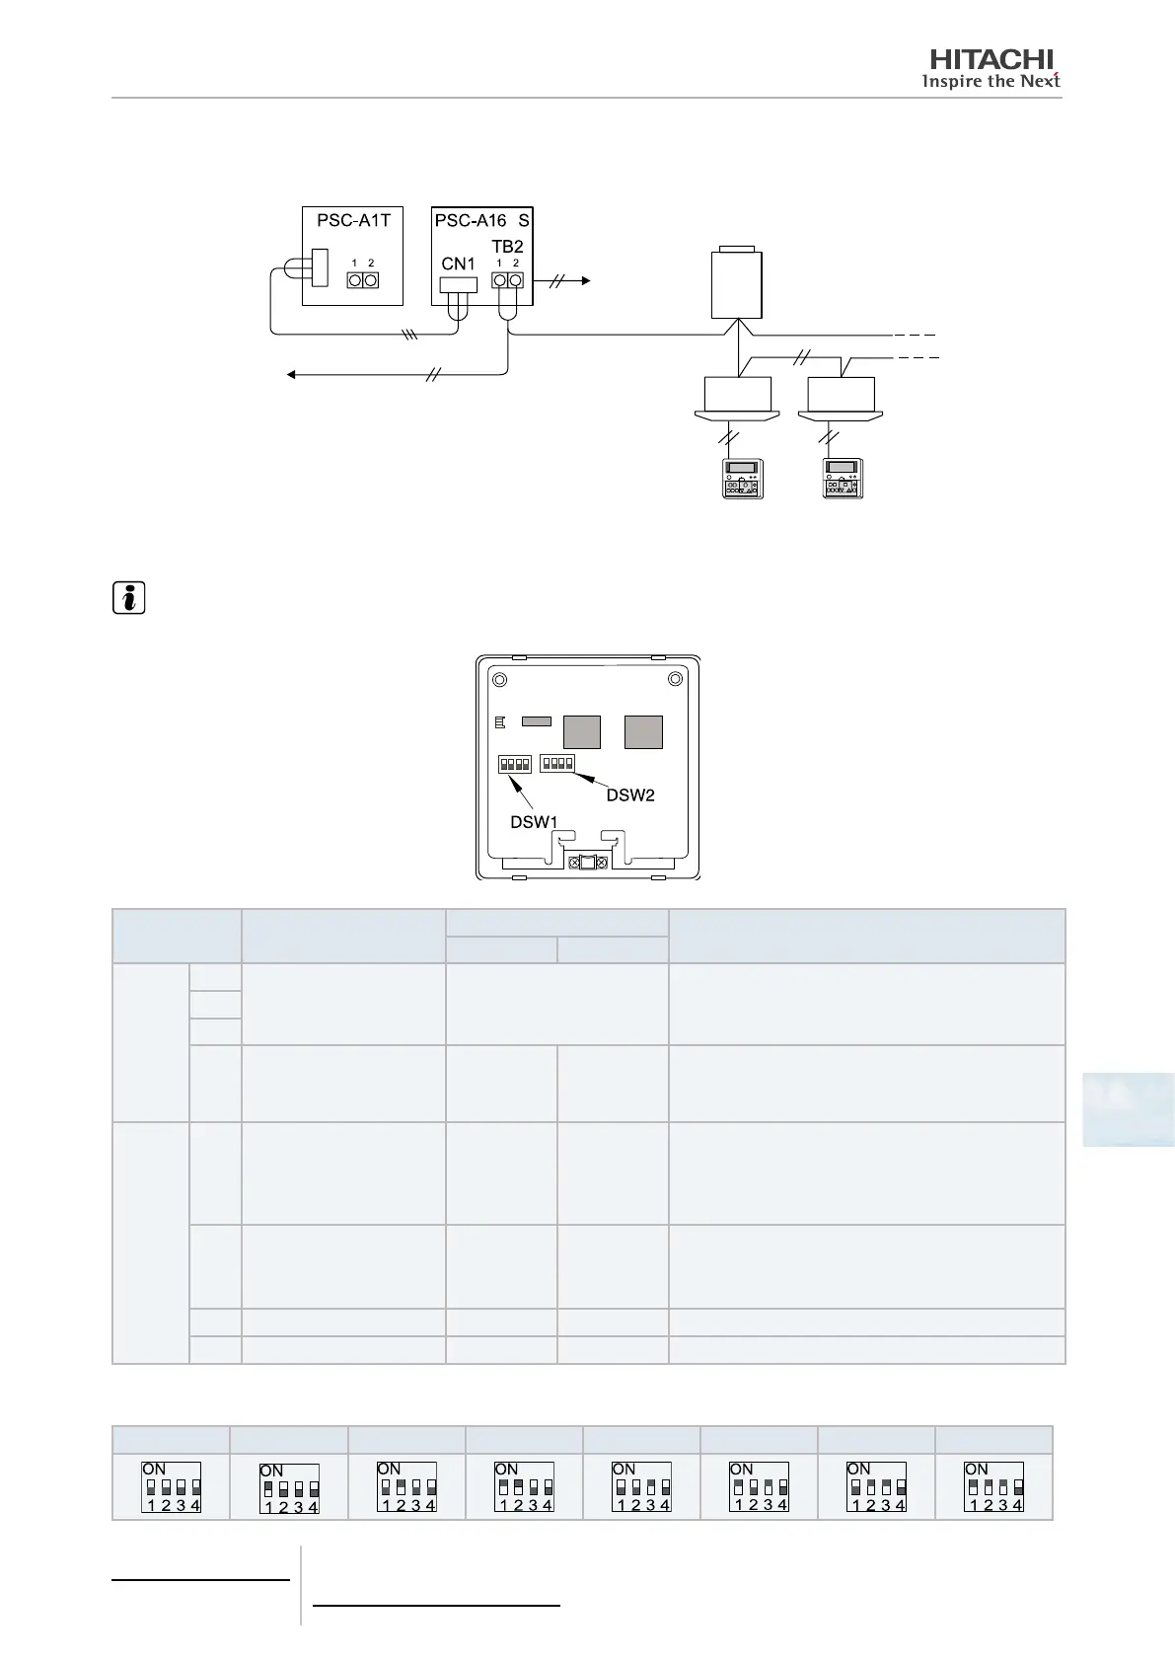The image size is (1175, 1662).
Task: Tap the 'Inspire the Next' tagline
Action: [990, 81]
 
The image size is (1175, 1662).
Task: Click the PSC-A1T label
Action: [353, 221]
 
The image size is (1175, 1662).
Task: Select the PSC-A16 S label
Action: [482, 221]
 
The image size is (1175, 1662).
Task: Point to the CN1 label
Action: [459, 264]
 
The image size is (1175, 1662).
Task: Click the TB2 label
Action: [507, 247]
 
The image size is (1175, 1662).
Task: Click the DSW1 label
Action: [534, 821]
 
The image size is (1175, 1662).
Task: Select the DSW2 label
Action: [629, 795]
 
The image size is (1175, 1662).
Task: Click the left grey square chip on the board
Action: [581, 732]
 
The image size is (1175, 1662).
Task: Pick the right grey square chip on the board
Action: [643, 732]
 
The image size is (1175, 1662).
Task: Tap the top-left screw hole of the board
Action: [500, 680]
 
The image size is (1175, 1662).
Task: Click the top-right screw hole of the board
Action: [675, 679]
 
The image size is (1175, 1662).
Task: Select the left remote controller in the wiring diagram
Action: [743, 479]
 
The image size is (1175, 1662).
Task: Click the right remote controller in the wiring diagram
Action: [844, 479]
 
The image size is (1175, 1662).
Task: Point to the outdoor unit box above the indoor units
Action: [737, 283]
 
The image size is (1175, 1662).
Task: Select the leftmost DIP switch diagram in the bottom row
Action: [172, 1487]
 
